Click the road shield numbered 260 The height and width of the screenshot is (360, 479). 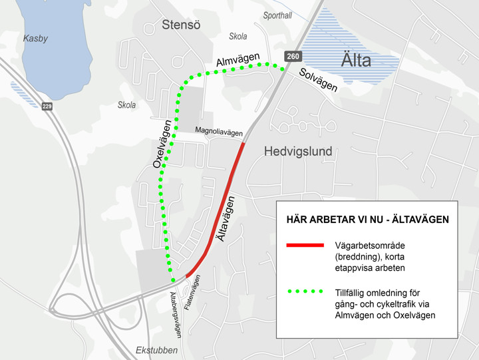click(x=293, y=57)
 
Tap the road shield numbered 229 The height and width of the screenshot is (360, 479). click(x=47, y=106)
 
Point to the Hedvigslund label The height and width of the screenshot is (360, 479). click(x=297, y=152)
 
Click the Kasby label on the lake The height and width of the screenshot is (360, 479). click(x=35, y=39)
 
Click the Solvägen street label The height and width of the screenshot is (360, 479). click(x=317, y=80)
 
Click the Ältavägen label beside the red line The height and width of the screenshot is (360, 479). click(x=226, y=219)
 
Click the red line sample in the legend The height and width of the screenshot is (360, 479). click(x=304, y=246)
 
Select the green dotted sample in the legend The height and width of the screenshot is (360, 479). click(x=304, y=292)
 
